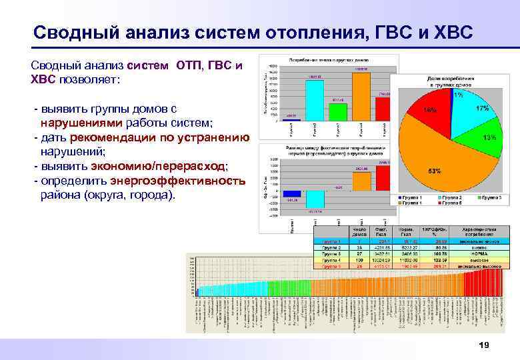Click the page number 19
[485, 345]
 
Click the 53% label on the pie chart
[434, 171]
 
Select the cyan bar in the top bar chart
[315, 99]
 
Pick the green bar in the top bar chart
[338, 111]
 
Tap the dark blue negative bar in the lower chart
[292, 193]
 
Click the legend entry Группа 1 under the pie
[413, 197]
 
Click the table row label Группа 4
[331, 260]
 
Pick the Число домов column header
[360, 232]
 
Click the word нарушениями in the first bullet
[80, 123]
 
